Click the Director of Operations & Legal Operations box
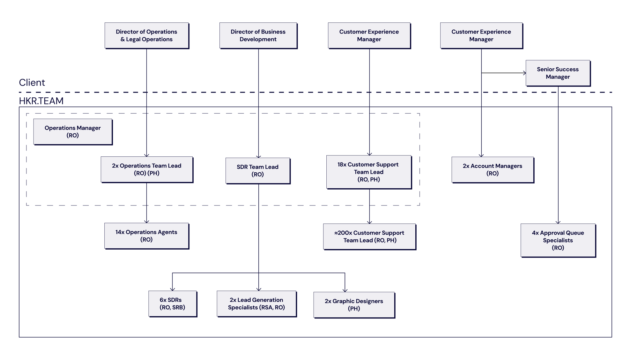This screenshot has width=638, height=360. [x=147, y=35]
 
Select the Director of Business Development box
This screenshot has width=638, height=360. [x=258, y=35]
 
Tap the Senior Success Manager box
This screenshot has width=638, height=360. [x=558, y=73]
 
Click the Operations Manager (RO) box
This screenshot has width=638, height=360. [x=73, y=132]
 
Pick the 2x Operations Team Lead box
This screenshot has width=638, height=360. [x=147, y=169]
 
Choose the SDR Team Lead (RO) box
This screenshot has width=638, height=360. [x=258, y=171]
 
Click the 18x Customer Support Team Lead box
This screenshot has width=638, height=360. [x=369, y=172]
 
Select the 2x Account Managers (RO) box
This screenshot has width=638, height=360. [x=493, y=170]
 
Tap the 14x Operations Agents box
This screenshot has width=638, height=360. [x=147, y=236]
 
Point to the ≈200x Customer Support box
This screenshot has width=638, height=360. [x=369, y=236]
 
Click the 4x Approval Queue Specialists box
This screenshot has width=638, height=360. [x=558, y=240]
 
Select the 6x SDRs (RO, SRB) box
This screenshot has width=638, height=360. [x=173, y=304]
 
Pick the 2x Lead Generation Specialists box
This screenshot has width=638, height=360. [x=256, y=304]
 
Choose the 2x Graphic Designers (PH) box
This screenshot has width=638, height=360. [x=354, y=305]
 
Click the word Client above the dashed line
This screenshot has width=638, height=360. [x=32, y=83]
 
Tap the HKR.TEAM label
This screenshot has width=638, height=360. [x=41, y=101]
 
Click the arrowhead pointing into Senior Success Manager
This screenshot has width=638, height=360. [x=524, y=73]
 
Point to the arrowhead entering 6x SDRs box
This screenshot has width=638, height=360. [x=173, y=289]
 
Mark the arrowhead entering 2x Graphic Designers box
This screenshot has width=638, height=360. [x=345, y=290]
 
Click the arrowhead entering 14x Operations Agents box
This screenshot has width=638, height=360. [x=147, y=221]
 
